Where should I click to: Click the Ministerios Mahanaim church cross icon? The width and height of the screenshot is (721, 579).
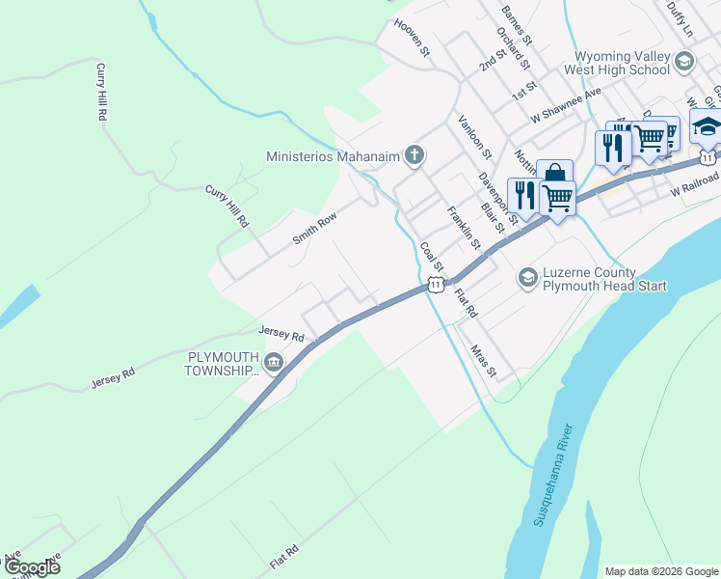[x=414, y=155]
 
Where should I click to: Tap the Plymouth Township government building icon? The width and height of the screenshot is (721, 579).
[x=274, y=363]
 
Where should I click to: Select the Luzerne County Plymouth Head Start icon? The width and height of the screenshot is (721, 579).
[x=527, y=278]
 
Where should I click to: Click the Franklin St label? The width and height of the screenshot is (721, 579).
[x=463, y=227]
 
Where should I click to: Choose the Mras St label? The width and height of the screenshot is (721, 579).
[x=483, y=360]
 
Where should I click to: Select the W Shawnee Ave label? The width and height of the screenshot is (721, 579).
[x=566, y=104]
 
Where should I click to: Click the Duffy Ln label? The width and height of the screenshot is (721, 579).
[x=679, y=16]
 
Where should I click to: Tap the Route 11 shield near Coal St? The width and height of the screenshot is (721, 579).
[x=436, y=285]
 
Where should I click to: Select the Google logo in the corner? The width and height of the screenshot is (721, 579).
[x=31, y=567]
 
